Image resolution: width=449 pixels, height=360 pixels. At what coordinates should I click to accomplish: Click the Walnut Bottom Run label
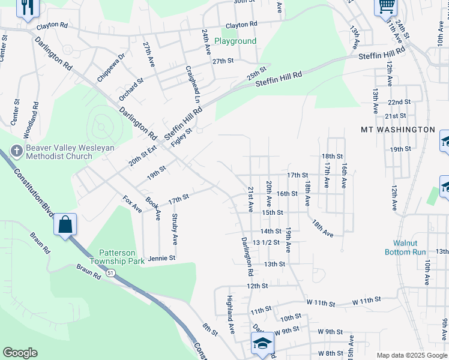pos(405,248)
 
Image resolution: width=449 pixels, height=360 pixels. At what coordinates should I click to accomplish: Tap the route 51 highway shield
pos(110,273)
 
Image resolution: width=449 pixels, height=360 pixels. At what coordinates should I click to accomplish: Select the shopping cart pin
pos(386,7)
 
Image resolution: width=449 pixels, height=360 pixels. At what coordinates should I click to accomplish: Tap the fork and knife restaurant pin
pos(28,8)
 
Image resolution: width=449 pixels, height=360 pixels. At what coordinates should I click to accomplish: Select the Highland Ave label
pos(230,314)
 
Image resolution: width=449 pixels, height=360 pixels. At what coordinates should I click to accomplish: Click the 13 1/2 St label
pos(267,242)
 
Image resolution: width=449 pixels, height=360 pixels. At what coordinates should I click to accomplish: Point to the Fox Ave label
pos(132,204)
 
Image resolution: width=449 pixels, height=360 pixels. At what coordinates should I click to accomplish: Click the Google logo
pos(20,353)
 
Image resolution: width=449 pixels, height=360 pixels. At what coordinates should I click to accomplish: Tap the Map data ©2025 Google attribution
pos(412,355)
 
